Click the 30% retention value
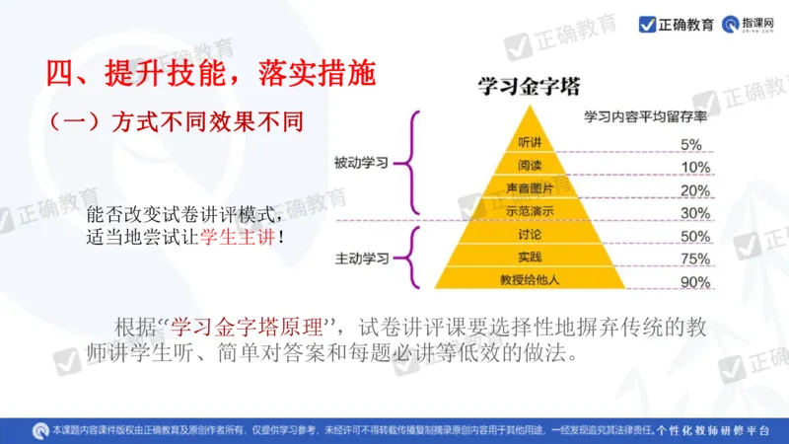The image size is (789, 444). pos(694,213)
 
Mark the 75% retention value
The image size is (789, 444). pos(694,259)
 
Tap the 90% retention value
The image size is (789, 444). pos(694,283)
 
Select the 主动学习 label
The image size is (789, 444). pos(361,259)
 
